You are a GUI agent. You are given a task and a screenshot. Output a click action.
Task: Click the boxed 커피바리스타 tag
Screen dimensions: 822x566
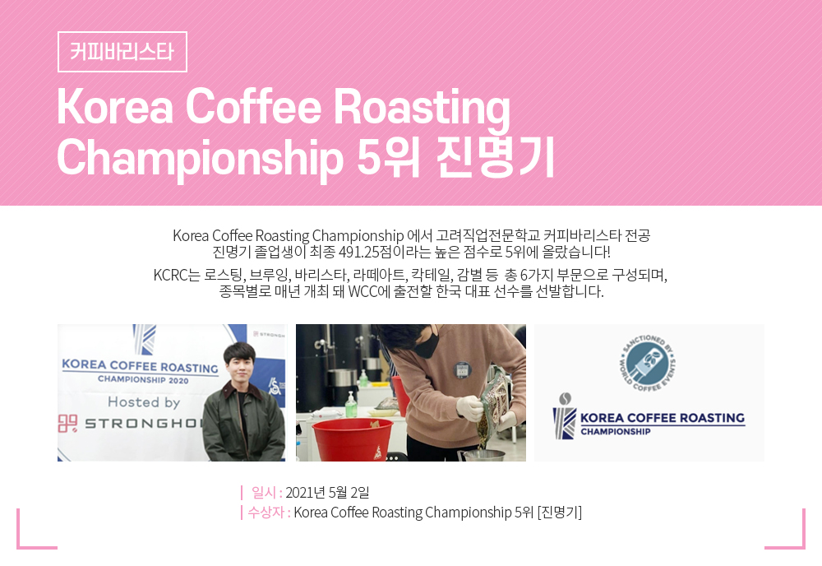tap(122, 51)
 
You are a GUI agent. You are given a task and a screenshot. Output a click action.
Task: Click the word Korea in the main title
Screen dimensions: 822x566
tap(115, 107)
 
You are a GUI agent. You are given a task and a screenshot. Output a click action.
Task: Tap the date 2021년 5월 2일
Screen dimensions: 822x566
tap(328, 493)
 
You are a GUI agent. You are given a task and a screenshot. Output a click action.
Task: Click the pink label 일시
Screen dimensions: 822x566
tap(264, 493)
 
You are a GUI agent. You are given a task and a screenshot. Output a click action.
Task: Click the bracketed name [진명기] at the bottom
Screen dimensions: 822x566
tap(560, 512)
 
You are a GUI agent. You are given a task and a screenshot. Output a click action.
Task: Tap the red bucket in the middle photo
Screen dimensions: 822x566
tap(353, 439)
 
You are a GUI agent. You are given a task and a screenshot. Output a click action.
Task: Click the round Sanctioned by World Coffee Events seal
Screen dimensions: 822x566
tap(648, 363)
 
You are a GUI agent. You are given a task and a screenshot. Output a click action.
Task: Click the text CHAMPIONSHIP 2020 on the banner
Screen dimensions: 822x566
tap(143, 379)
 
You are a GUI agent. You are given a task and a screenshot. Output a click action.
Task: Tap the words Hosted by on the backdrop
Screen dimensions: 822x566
tap(144, 402)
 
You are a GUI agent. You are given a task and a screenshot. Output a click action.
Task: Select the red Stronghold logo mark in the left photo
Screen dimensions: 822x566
tap(67, 424)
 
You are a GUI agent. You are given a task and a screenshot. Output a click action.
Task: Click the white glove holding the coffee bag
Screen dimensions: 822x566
tap(469, 407)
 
